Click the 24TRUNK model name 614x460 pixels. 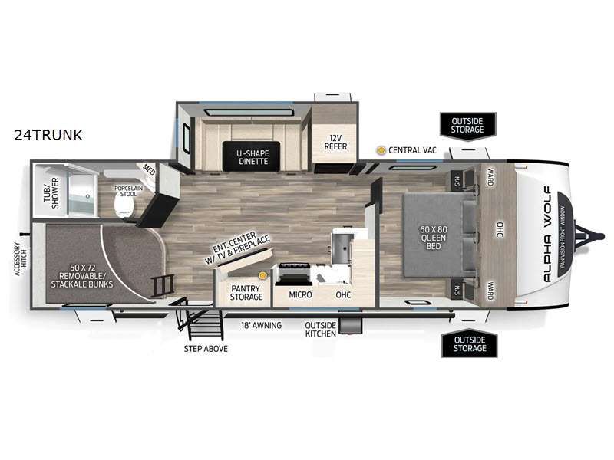pyautogui.click(x=48, y=135)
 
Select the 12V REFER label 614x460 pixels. pyautogui.click(x=332, y=141)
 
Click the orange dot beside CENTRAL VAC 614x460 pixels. pyautogui.click(x=381, y=150)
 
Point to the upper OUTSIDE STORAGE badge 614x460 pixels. pyautogui.click(x=467, y=125)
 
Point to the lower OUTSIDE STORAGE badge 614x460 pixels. pyautogui.click(x=469, y=343)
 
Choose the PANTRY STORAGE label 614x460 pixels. pyautogui.click(x=246, y=293)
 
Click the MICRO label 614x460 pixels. pyautogui.click(x=299, y=294)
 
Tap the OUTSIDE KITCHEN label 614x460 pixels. pyautogui.click(x=322, y=330)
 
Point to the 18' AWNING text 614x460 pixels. pyautogui.click(x=262, y=326)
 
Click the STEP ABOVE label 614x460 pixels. pyautogui.click(x=206, y=349)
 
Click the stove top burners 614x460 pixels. pyautogui.click(x=296, y=271)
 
